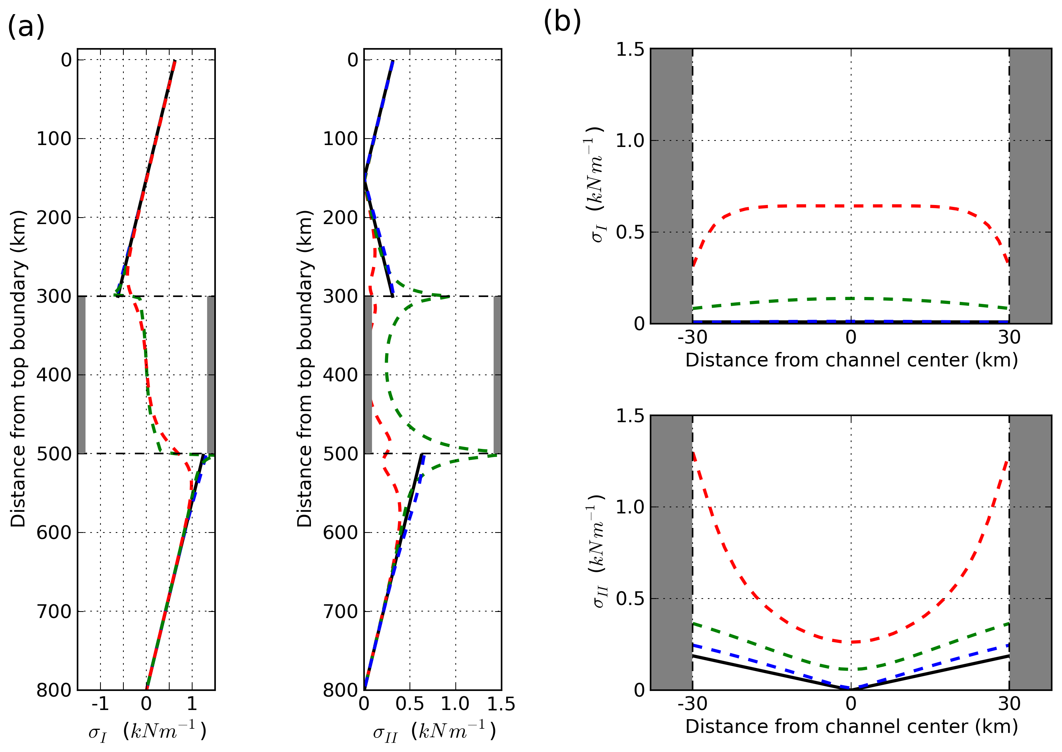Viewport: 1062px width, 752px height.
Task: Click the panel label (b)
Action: pos(562,21)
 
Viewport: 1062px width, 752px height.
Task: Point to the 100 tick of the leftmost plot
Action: pos(54,139)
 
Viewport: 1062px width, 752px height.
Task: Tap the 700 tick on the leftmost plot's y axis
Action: pos(54,611)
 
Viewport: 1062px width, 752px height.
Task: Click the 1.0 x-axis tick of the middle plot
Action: pos(455,704)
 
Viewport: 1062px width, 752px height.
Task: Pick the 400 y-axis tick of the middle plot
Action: pos(340,374)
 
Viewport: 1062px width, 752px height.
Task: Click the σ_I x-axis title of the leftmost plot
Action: pos(147,732)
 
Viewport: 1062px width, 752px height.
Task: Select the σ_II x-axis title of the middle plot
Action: pos(434,732)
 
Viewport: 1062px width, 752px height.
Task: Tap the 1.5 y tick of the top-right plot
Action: pos(630,49)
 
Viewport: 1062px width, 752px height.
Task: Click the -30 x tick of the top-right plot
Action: pos(692,337)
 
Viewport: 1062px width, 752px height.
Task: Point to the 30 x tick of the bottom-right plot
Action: pos(1009,704)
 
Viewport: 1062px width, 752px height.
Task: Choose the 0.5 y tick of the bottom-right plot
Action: pos(630,599)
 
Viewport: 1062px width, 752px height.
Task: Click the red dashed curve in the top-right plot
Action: pos(851,206)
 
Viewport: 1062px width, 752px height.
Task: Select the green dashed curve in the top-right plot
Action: pos(851,298)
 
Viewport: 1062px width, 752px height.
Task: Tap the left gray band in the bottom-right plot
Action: pos(672,552)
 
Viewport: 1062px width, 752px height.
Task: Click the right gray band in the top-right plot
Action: pos(1031,185)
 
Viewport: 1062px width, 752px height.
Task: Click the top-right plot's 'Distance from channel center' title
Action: pos(852,360)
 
